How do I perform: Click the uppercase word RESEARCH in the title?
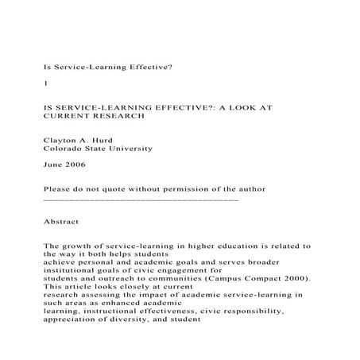point(122,115)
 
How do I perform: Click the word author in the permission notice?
point(249,188)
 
